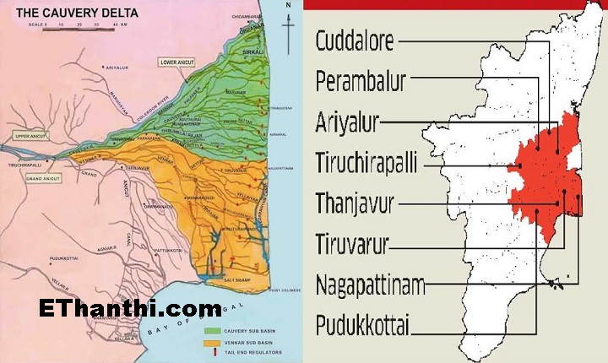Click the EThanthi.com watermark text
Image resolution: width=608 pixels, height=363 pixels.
(131, 309)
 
